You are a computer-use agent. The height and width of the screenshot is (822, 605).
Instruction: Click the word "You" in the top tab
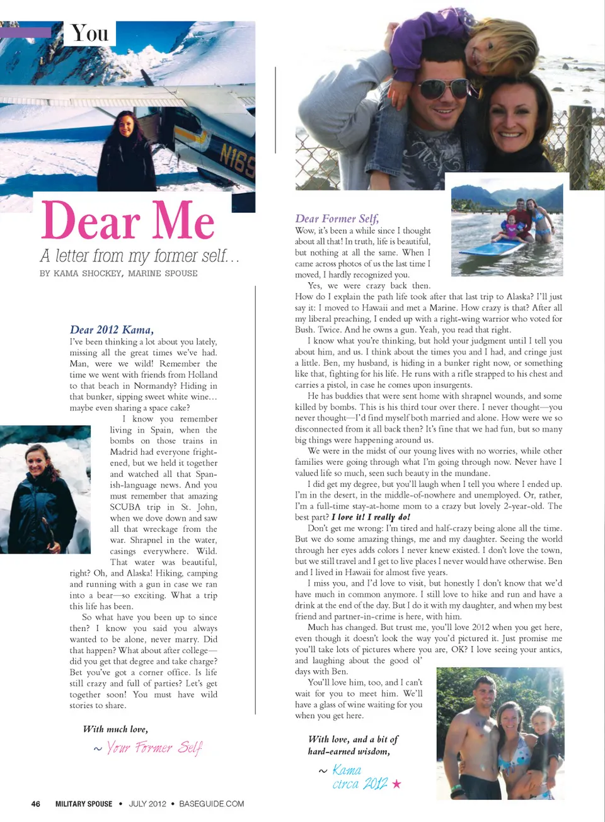(89, 33)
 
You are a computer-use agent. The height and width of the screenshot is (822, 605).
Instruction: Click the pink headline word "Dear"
(91, 221)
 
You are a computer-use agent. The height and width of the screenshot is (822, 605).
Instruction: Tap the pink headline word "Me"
(183, 221)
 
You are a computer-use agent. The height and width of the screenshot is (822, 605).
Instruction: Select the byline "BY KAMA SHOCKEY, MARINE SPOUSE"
(118, 273)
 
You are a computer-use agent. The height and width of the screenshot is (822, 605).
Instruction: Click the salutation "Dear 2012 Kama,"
(112, 329)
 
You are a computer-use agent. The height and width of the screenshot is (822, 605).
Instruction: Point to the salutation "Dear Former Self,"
(337, 219)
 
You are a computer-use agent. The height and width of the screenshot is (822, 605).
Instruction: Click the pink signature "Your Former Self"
(153, 748)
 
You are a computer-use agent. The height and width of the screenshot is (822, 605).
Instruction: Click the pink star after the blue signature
(396, 784)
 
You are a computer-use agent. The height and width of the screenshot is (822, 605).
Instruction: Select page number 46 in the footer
(36, 804)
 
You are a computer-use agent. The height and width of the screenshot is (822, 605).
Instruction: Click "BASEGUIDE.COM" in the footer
(211, 804)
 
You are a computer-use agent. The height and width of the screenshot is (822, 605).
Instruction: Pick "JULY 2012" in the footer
(147, 804)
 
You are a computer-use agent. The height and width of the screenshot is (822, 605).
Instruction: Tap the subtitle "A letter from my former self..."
(139, 256)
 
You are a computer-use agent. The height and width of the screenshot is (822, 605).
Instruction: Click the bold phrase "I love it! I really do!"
(371, 517)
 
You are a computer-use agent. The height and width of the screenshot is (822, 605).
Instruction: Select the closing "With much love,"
(115, 729)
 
